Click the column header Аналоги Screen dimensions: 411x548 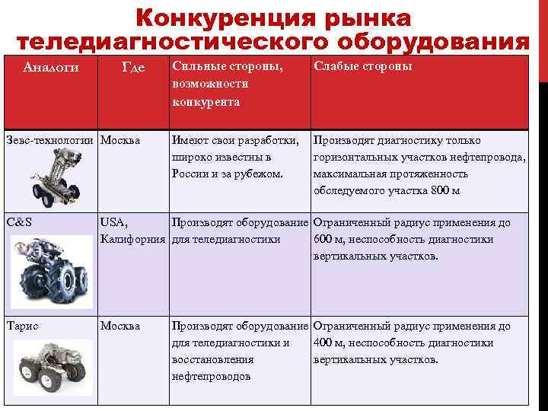[51, 67]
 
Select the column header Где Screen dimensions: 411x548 [133, 67]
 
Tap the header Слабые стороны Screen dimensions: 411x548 [363, 67]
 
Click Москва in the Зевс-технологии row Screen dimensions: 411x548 [120, 140]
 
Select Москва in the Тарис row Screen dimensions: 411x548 [120, 326]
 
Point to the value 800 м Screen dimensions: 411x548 [445, 190]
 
